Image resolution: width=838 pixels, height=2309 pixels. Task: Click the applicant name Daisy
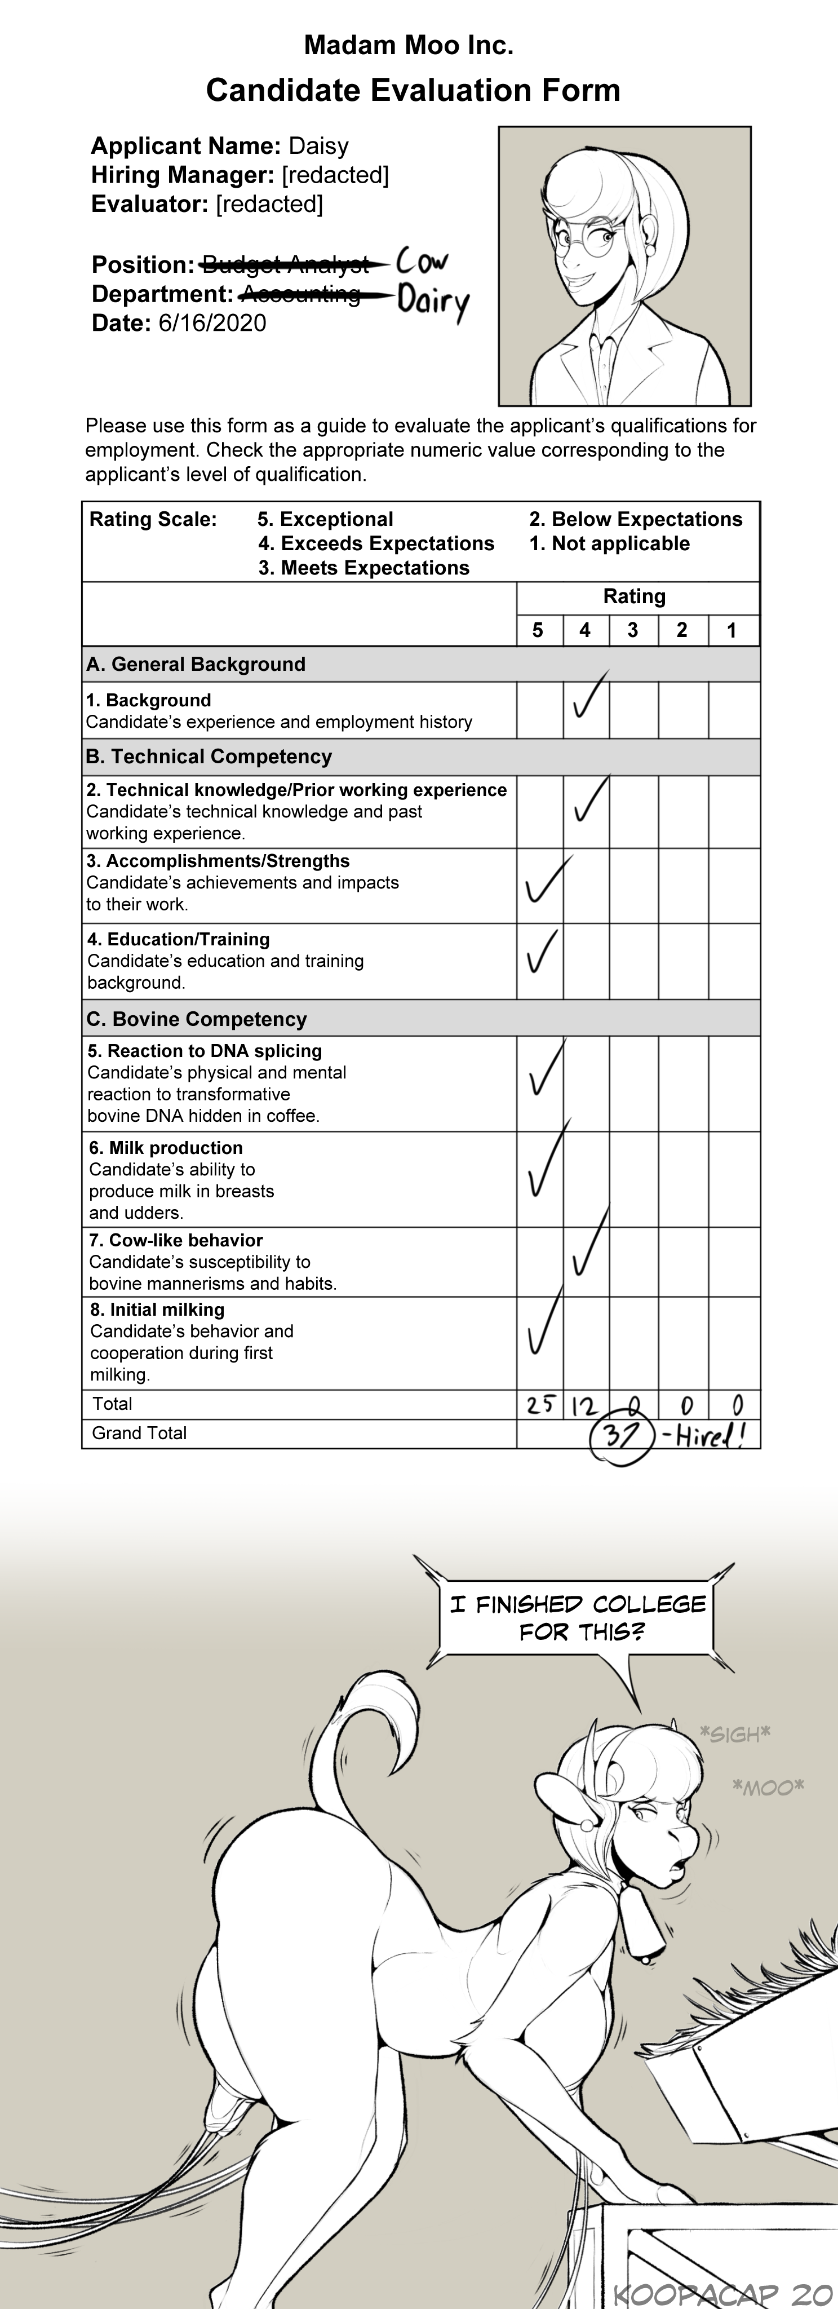[318, 146]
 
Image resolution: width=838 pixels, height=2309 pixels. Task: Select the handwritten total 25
[539, 1405]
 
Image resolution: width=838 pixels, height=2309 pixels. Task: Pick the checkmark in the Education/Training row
[542, 952]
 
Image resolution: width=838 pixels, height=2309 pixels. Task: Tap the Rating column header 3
[633, 630]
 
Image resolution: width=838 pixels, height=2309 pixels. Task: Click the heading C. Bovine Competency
[196, 1019]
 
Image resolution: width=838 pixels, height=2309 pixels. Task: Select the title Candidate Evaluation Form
[413, 91]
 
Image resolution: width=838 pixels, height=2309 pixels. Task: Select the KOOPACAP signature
[724, 2293]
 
